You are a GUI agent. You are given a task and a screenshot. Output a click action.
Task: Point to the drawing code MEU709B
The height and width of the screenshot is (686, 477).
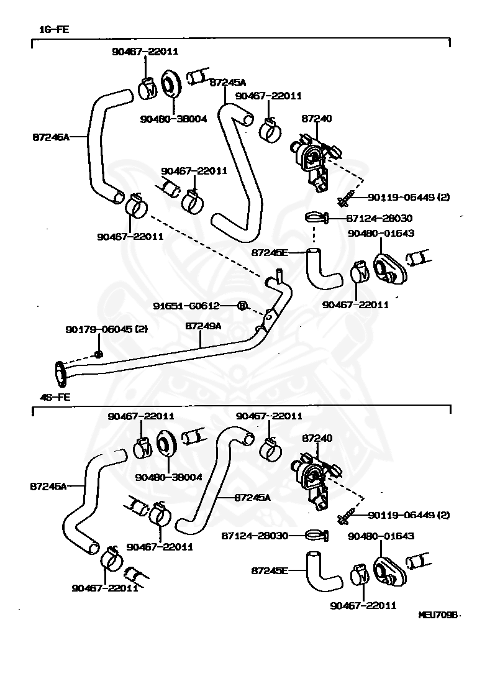coord(439,615)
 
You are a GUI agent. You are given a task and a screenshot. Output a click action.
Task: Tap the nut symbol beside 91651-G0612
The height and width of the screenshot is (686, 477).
coord(243,305)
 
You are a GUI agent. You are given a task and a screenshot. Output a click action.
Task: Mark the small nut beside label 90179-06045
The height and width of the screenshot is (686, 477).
coord(98,354)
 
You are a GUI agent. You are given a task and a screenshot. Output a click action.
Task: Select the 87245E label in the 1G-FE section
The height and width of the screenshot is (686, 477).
coord(270,253)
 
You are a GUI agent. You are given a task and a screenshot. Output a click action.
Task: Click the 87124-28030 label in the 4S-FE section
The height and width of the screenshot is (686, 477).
coord(255,535)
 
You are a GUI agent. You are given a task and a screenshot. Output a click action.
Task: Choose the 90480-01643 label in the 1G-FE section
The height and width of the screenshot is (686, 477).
coord(381,233)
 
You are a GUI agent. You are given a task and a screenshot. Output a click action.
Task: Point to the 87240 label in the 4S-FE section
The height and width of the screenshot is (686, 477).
coord(317,438)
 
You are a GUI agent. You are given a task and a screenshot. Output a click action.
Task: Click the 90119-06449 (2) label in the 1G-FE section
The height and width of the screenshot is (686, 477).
coord(408,197)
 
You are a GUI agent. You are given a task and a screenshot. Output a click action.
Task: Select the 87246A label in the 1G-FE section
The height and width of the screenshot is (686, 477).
coord(50,137)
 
